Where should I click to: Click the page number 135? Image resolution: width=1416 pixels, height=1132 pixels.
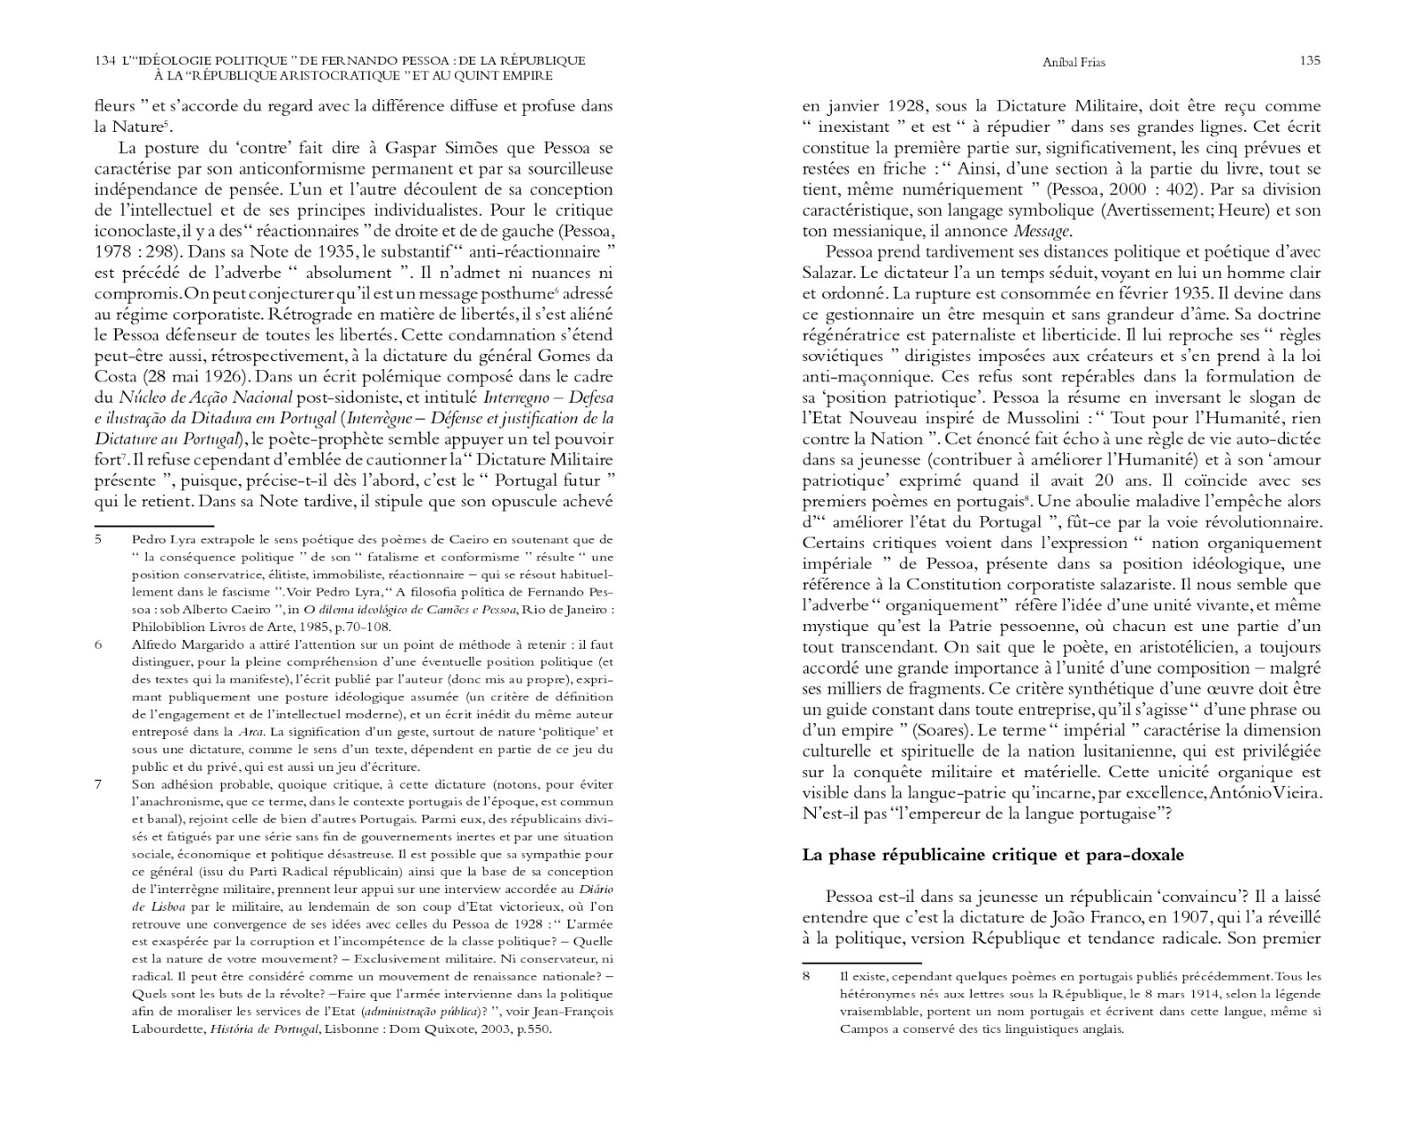[1310, 61]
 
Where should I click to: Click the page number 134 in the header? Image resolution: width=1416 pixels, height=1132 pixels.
[104, 61]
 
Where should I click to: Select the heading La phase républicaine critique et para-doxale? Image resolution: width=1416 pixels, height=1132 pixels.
[992, 855]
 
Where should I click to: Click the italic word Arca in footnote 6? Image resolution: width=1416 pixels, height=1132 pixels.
[250, 732]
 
